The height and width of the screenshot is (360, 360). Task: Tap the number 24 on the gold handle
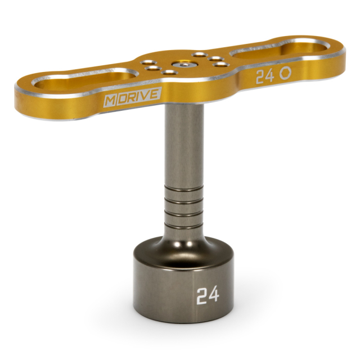(x=265, y=76)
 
